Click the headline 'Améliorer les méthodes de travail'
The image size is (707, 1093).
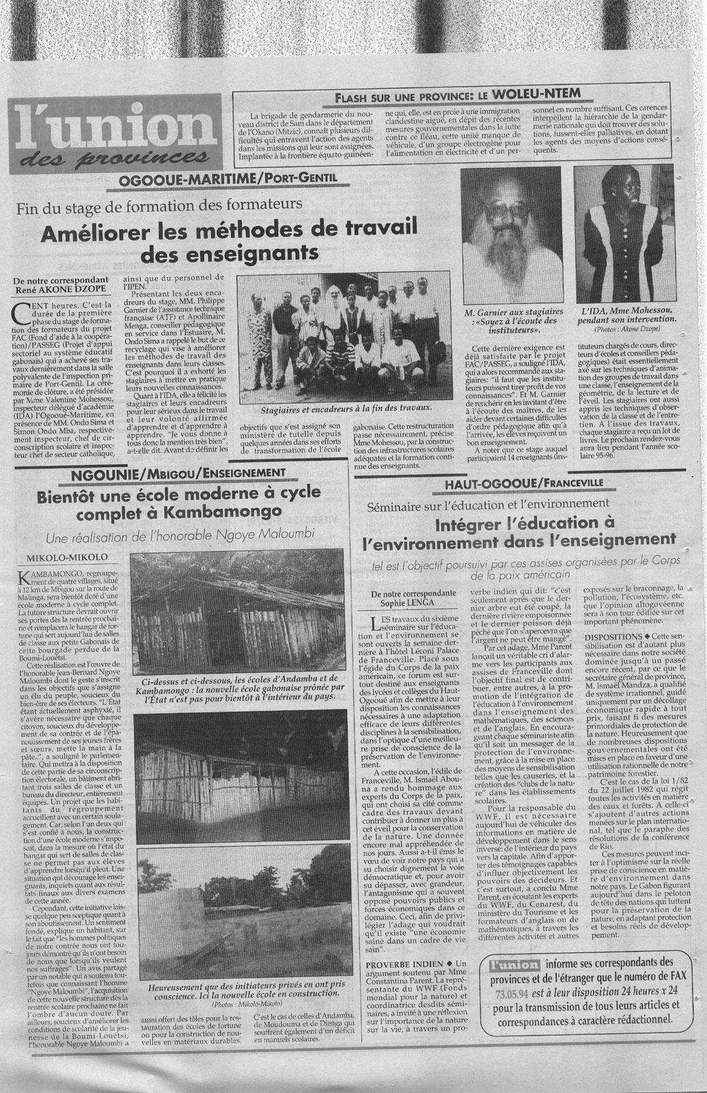point(180,234)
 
